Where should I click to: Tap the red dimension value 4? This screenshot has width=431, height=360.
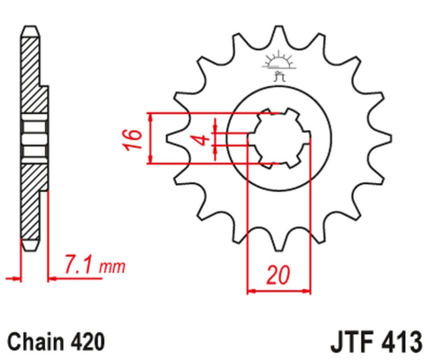(x=203, y=140)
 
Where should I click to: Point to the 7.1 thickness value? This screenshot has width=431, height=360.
(x=79, y=265)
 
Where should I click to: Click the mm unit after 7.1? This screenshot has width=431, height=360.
(x=111, y=267)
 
